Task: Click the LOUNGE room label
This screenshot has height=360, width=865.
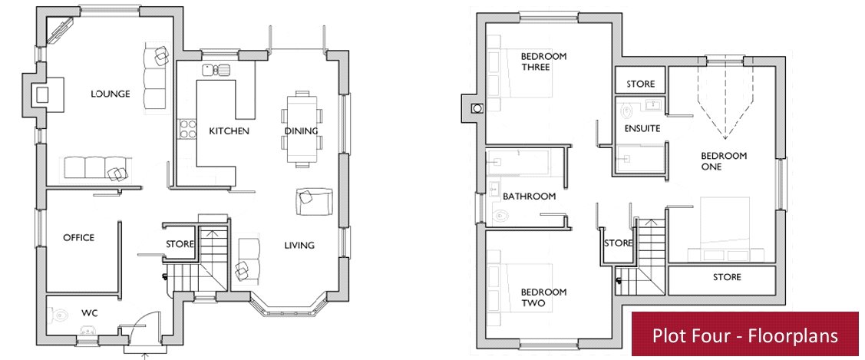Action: point(111,94)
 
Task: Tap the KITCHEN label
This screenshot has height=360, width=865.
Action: point(229,131)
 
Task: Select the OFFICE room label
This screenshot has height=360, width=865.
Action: point(78,238)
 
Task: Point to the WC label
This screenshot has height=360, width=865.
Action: point(89,314)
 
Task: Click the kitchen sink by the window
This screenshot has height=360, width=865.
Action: point(216,69)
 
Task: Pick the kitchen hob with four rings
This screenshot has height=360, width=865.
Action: point(187,128)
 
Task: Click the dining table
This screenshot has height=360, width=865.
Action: point(302,128)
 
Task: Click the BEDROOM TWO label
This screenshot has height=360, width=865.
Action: point(544,298)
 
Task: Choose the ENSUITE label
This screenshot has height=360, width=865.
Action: point(642,128)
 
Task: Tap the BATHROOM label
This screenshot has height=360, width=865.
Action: point(529,197)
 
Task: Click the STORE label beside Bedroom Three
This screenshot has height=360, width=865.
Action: point(640,84)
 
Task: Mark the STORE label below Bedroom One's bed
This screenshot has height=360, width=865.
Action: point(727,277)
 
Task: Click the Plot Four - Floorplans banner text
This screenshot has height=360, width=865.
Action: point(744,335)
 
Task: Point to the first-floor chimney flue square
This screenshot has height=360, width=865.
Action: point(477,108)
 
